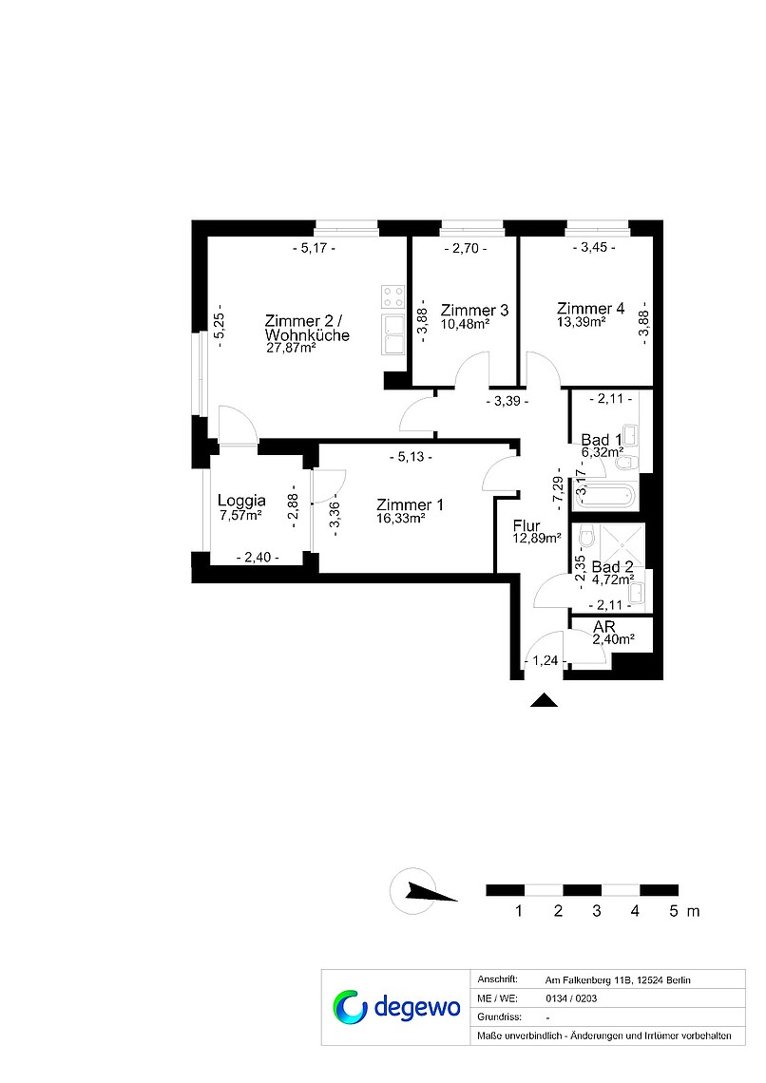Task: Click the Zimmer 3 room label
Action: coord(474,310)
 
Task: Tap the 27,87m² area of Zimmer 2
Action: coord(291,348)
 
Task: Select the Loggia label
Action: coord(241,500)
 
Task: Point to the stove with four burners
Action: coord(393,297)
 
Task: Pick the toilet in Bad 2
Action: coord(587,536)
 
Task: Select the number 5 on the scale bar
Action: coord(674,911)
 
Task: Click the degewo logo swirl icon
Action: coord(350,1006)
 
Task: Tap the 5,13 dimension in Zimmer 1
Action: coord(411,457)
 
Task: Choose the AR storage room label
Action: coord(604,626)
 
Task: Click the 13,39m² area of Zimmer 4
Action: coord(581,321)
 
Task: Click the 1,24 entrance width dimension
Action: coord(545,660)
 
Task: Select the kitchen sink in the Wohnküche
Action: coord(393,334)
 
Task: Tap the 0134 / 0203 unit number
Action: coord(571,998)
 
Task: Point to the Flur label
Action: coord(527,525)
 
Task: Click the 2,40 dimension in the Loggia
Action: coord(258,558)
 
